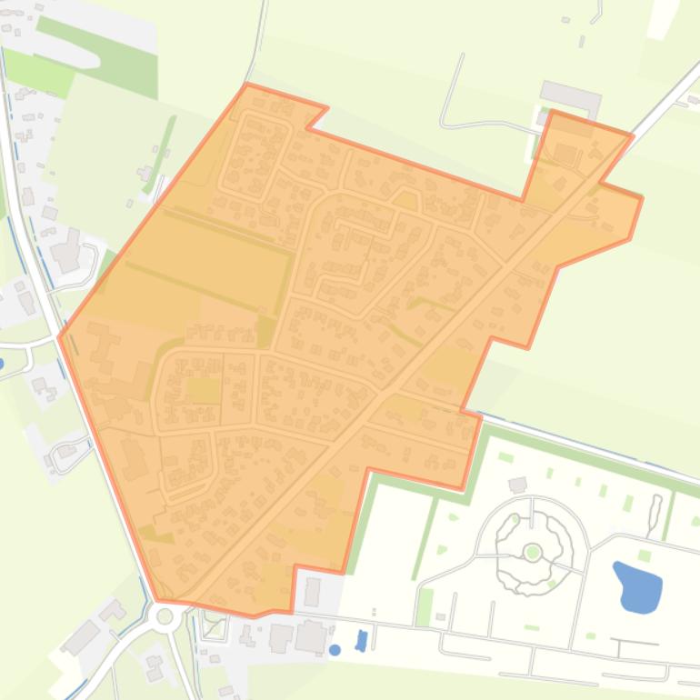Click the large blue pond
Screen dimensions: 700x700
(639, 587)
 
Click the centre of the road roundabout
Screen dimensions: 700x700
(165, 616)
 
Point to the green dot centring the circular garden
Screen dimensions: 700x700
(533, 552)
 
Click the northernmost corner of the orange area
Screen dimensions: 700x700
(247, 85)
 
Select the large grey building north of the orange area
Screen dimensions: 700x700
(570, 95)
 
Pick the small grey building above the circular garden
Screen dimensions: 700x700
(517, 485)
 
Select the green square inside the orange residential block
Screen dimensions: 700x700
(205, 390)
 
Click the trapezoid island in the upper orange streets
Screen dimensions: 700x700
(405, 199)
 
